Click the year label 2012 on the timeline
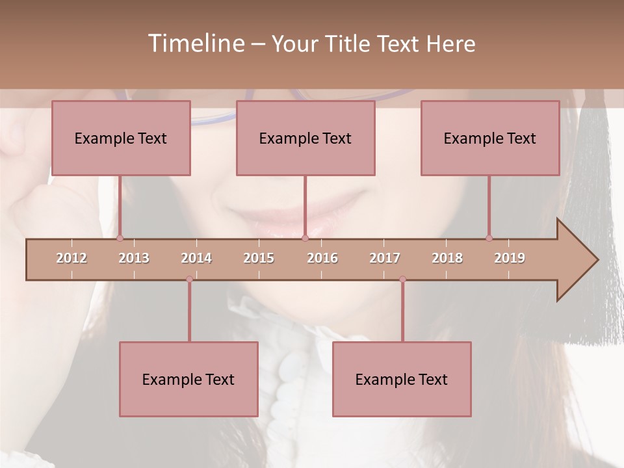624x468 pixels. tap(71, 258)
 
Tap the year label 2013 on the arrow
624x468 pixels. tap(134, 258)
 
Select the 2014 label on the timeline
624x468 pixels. tap(196, 258)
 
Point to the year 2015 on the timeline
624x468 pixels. tap(259, 258)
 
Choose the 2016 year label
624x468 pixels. tap(322, 258)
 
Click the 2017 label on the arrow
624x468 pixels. tap(385, 258)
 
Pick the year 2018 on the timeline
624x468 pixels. tap(447, 258)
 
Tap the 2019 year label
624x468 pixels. tap(510, 258)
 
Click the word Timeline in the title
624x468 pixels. tap(195, 44)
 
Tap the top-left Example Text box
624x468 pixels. tap(121, 138)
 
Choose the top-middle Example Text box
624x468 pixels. tap(305, 138)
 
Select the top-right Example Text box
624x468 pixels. tap(490, 138)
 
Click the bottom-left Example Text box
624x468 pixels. tap(188, 379)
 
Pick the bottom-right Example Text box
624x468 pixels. tap(402, 379)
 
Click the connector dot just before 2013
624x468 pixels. tap(120, 238)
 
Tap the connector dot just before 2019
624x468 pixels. tap(489, 238)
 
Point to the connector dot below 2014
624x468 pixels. tap(189, 279)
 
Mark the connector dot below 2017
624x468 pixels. tap(402, 279)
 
